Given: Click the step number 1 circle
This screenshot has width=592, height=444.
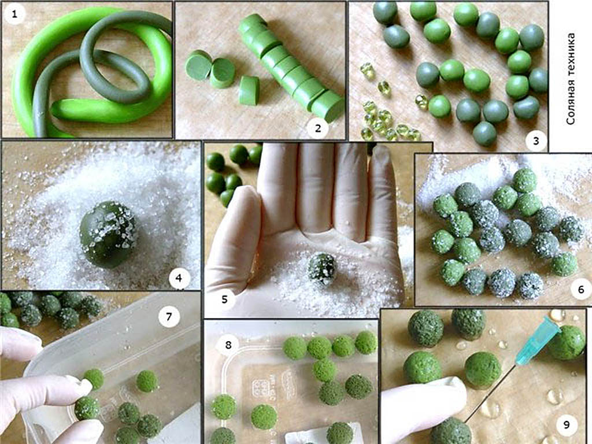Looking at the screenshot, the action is point(14,14).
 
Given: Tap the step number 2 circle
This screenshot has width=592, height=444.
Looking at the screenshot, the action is point(317,128).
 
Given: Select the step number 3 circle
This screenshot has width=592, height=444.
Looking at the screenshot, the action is point(536,142).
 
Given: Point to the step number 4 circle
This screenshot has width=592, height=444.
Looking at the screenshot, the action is point(179,279).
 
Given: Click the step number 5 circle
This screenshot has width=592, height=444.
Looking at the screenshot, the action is point(225,299).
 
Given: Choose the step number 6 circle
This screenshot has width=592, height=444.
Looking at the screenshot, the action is point(580,290).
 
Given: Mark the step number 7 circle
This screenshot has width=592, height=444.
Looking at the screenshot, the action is point(169,316).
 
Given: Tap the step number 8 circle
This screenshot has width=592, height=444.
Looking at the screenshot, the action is point(228,345).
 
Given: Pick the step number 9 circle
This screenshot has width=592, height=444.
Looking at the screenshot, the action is point(567,425).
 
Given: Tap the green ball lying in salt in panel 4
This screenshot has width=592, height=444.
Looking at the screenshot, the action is point(108,234).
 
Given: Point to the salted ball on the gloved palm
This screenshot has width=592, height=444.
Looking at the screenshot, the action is point(322,269).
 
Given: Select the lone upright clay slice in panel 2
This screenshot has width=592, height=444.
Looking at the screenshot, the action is point(249,90).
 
